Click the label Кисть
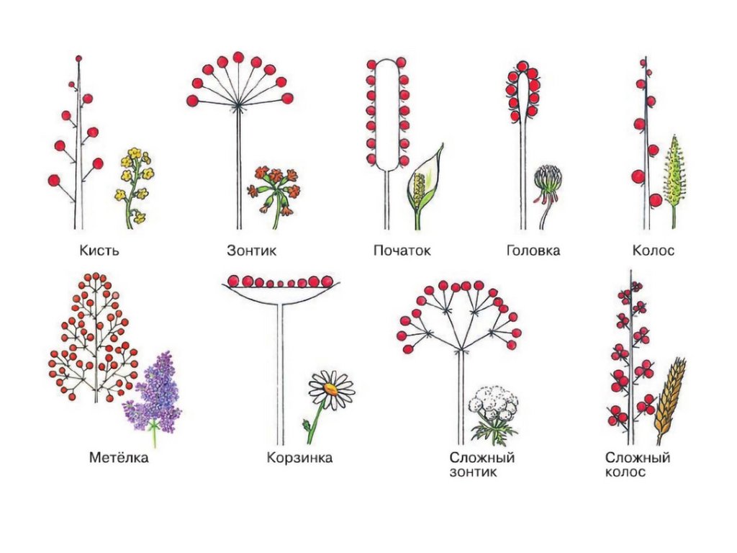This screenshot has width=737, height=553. click(99, 251)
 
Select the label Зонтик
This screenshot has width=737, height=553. click(251, 251)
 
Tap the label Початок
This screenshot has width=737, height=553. click(402, 251)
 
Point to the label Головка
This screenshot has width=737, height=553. click(533, 251)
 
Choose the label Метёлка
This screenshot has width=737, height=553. click(119, 458)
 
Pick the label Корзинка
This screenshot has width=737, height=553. click(299, 458)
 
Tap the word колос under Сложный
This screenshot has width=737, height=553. click(625, 473)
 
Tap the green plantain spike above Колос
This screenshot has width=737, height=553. click(674, 173)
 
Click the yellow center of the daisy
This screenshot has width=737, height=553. click(330, 390)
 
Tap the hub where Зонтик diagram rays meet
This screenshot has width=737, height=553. click(238, 106)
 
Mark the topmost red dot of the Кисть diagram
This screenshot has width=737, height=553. click(78, 58)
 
